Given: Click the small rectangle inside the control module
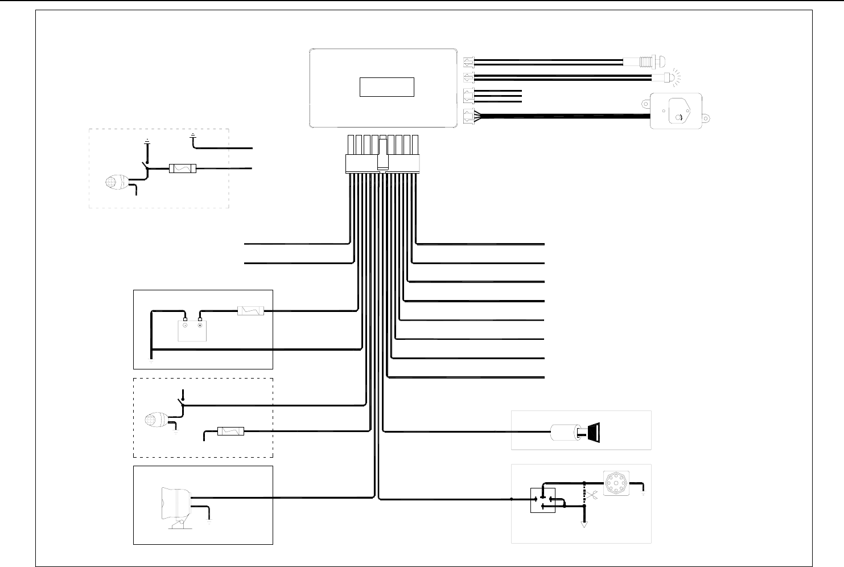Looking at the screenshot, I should [386, 87].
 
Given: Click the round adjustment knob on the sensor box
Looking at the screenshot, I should [678, 117].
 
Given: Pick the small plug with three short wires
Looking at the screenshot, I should [469, 95].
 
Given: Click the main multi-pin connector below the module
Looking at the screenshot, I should [382, 164].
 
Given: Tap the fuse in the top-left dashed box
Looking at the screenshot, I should [183, 169].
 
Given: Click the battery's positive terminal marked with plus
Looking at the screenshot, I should [200, 326].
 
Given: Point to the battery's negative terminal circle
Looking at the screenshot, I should [184, 326].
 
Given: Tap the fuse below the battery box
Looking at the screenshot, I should [230, 432].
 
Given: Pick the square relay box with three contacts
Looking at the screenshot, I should [542, 500].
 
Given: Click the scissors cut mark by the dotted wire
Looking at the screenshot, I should [592, 495].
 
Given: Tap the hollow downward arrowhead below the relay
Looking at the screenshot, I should [583, 525].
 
